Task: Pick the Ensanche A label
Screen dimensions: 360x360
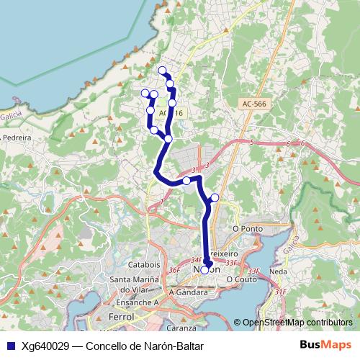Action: pos(138,303)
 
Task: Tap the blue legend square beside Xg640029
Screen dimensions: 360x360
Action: pos(10,346)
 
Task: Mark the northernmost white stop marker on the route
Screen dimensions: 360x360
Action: pos(162,71)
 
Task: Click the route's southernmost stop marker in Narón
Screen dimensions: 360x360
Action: pos(204,270)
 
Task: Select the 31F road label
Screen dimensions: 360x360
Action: pos(281,292)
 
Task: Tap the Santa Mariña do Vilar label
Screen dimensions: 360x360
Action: pos(139,284)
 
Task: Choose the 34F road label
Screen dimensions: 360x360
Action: pos(196,260)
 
